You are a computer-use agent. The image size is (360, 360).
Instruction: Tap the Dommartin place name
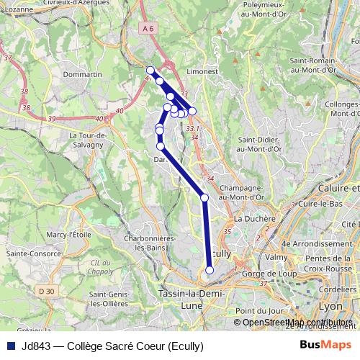83,74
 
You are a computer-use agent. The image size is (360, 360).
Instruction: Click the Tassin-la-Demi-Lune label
191,299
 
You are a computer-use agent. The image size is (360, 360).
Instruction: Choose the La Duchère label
254,219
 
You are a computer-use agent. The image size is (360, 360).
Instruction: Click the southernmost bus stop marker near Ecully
210,270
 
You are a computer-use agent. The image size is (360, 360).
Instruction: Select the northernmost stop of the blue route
150,71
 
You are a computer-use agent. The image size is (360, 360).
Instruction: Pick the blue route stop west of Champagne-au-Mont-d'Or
204,197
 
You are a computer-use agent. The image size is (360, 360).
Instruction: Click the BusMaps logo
325,345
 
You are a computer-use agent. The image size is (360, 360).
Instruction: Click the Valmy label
276,256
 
